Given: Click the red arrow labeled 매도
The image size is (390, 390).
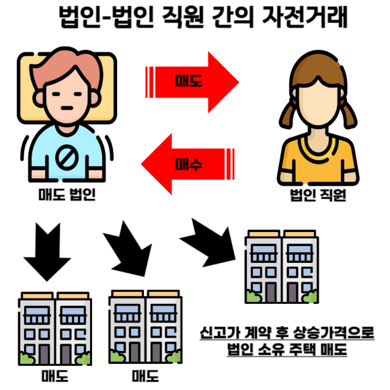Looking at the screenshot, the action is click(192, 82).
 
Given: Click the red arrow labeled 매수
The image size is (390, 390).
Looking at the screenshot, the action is click(188, 164).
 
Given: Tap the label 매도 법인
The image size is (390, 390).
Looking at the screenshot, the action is click(67, 194).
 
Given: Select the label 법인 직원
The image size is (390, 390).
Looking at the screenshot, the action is click(318, 195).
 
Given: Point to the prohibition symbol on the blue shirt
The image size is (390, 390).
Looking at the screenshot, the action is click(67, 157).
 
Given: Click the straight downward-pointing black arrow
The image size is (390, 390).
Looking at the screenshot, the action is click(47, 251).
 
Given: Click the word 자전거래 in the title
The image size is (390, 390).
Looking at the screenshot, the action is click(305, 17).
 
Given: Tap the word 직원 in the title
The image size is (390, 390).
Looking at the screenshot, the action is click(183, 17).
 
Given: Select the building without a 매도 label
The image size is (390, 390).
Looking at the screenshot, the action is click(282, 267).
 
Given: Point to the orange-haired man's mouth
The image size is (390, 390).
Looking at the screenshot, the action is click(67, 108).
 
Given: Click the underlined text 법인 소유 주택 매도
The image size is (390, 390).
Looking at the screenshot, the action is click(287, 349).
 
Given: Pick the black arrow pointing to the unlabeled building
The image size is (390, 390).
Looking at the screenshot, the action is click(207, 243).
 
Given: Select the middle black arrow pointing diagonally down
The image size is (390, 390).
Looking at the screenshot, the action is click(127, 249).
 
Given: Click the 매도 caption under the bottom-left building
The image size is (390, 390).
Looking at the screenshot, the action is click(55, 376).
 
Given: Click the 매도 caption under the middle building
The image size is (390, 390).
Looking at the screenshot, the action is click(145, 376).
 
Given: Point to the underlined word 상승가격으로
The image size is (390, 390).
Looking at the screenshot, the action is click(334, 333).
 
